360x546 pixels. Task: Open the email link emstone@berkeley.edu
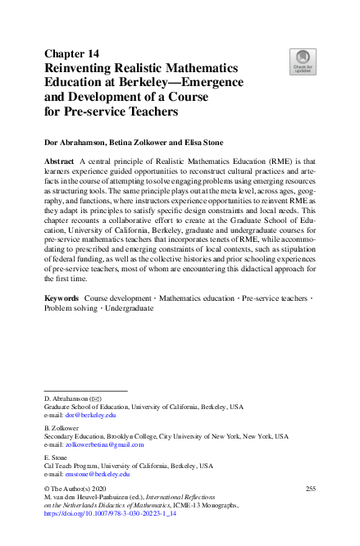click(x=98, y=474)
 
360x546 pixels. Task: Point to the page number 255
click(x=310, y=489)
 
